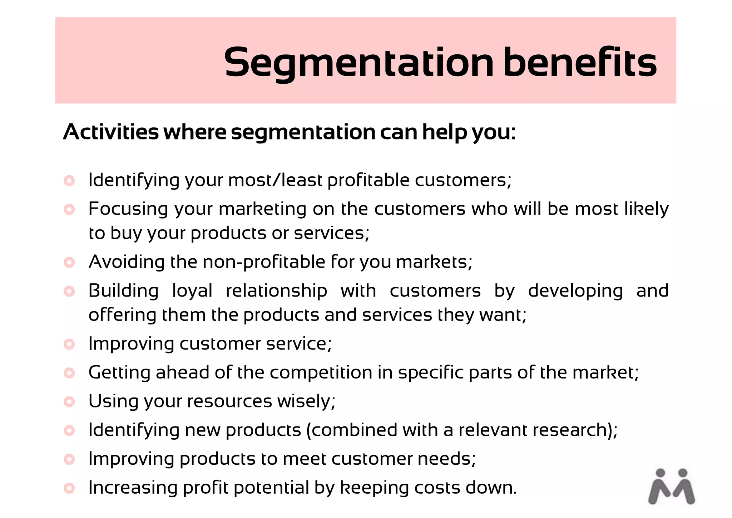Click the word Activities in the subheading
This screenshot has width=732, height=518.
[x=111, y=132]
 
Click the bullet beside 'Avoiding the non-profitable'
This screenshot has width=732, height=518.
[x=69, y=262]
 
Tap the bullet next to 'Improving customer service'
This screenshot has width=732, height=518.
[x=69, y=344]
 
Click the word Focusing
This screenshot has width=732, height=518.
[x=128, y=209]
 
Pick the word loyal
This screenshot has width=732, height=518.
[x=192, y=291]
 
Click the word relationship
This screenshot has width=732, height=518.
[x=276, y=291]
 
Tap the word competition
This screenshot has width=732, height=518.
[x=321, y=373]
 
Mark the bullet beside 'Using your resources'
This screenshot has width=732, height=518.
[x=69, y=401]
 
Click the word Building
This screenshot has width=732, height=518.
[x=123, y=291]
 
